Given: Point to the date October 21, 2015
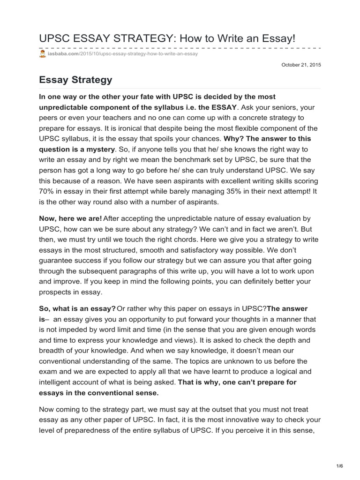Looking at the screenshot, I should click(301, 65).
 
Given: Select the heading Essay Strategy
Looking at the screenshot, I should click(75, 80).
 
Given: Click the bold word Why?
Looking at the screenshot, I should click(233, 139).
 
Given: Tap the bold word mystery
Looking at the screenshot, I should click(99, 150).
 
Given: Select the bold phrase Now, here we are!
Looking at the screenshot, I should click(70, 219).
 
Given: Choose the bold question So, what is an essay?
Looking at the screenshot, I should click(77, 308).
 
